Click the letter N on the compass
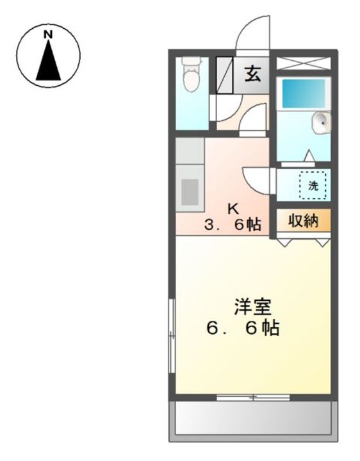48,34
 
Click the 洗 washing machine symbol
313,186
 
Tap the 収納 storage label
303,222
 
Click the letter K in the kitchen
233,208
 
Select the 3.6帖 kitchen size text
233,225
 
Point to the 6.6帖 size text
242,328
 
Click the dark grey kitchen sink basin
190,191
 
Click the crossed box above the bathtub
304,63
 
